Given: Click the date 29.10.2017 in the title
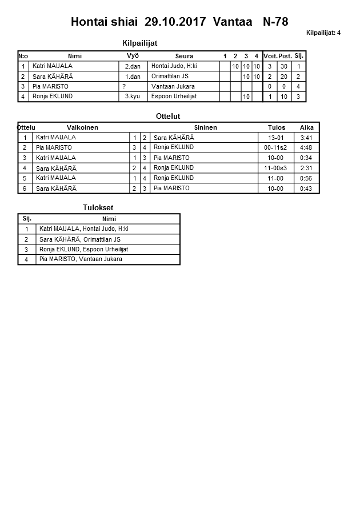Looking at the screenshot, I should pos(176,22).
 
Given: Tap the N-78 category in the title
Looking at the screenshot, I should pos(275,22).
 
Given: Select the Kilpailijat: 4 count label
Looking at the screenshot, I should pos(323,33).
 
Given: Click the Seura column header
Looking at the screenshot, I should pos(184,56).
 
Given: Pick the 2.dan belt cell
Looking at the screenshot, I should pos(133,66).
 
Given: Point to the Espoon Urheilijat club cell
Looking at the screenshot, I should pos(174,97).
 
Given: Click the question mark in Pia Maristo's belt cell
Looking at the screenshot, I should pos(124,86).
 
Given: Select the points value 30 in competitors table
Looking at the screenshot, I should pos(284,66).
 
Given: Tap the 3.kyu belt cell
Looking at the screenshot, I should pos(133,97).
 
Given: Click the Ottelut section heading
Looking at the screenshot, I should pos(168,117).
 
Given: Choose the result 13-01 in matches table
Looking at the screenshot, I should pos(275,138).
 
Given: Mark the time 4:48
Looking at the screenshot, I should pos(306,147).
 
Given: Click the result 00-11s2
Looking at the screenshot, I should pos(275,147).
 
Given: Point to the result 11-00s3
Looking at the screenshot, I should pos(275,168).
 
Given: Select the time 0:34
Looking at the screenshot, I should pos(306,158).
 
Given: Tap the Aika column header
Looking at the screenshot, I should pos(307,127).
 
